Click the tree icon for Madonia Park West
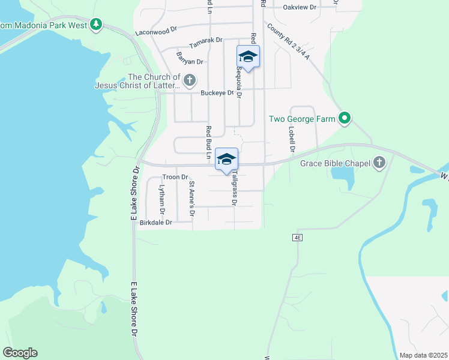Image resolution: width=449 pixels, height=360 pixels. point(95,24)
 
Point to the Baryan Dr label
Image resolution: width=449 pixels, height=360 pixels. point(190,61)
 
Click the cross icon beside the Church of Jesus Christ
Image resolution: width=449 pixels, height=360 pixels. point(190,80)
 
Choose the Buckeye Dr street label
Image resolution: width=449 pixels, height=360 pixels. point(217,93)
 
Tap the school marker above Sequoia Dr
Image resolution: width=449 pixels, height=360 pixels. point(248,56)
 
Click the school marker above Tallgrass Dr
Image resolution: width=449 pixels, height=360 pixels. point(226,159)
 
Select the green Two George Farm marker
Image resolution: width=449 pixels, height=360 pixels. point(344,119)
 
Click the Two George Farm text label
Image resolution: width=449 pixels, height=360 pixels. point(302,119)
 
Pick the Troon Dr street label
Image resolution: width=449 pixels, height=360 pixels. point(175,178)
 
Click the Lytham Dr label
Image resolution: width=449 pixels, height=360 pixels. point(161,199)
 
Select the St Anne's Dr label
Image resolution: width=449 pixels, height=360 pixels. point(192,197)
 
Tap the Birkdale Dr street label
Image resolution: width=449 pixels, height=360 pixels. point(155,223)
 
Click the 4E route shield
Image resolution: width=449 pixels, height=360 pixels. point(297,238)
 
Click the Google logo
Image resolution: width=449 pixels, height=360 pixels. point(20,353)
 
